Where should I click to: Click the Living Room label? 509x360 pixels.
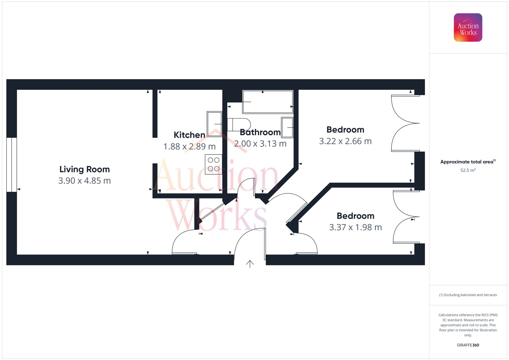84,169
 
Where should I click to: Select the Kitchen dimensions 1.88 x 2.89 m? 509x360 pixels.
189,147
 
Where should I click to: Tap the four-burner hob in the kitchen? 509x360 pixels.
214,164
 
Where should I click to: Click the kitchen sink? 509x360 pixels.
214,124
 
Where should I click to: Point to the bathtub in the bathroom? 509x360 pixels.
268,102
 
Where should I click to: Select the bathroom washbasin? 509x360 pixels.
287,127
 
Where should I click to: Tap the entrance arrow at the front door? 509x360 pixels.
250,264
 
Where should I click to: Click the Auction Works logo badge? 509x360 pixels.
468,27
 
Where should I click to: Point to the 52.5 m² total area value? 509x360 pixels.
468,170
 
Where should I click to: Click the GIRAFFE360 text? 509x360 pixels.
468,345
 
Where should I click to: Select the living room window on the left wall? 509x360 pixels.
11,165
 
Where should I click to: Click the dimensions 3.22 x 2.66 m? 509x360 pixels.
345,141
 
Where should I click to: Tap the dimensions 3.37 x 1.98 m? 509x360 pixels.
356,227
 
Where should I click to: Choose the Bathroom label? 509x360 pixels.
260,132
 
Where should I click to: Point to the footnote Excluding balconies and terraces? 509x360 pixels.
468,295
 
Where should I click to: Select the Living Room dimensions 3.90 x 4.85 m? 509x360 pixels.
84,181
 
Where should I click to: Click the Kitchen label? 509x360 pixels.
189,135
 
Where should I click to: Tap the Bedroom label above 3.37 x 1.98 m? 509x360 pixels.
356,216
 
